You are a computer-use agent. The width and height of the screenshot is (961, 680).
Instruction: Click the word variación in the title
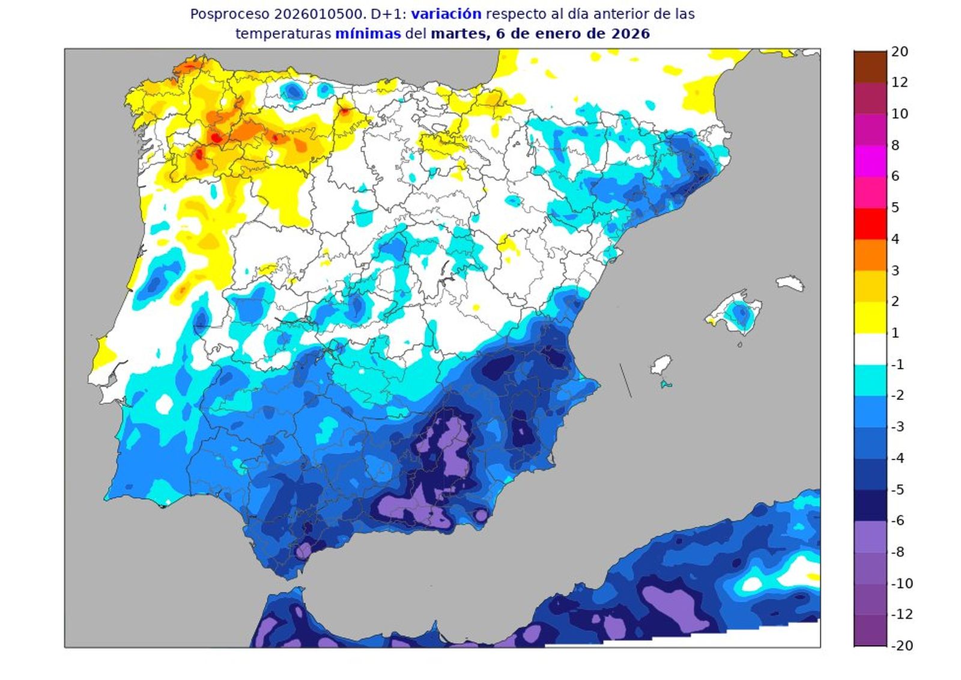(x=446, y=14)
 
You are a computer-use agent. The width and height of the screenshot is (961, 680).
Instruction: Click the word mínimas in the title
(x=368, y=34)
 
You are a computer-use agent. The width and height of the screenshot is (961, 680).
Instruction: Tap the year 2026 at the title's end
(x=630, y=34)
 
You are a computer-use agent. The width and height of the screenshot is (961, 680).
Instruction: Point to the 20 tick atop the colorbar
(x=899, y=52)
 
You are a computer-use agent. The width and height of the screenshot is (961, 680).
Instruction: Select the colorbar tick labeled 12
(x=899, y=82)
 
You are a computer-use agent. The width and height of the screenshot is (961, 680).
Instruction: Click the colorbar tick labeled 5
(x=895, y=208)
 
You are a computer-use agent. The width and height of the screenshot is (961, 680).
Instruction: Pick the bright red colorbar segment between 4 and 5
(x=870, y=224)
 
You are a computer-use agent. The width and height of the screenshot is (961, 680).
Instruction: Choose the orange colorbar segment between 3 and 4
(x=870, y=255)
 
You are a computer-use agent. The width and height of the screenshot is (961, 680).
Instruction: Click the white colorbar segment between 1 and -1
(x=870, y=349)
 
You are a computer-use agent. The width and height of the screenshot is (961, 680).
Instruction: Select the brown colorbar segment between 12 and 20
(x=870, y=67)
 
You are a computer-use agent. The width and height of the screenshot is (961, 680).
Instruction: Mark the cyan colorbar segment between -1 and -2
(x=870, y=380)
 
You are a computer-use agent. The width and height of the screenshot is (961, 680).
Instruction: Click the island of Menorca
(x=790, y=283)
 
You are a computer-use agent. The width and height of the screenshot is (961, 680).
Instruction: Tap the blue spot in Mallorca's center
(x=739, y=313)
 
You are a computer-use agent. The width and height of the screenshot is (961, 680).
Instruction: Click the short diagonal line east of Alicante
(x=626, y=380)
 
